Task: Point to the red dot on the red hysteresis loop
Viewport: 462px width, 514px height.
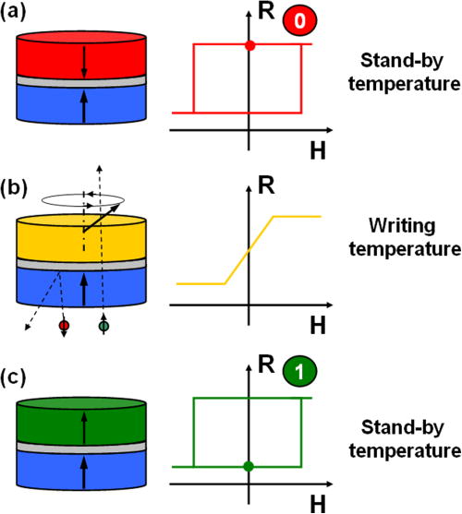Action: coord(249,45)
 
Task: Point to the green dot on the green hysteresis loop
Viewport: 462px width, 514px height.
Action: coord(249,466)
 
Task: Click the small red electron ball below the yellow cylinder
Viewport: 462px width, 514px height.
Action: coord(64,325)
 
